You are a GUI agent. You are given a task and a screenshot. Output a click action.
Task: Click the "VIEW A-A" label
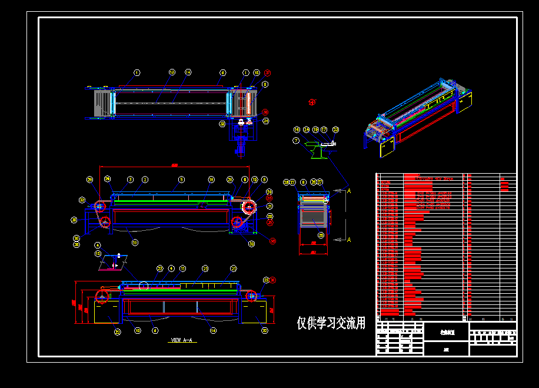tap(182, 340)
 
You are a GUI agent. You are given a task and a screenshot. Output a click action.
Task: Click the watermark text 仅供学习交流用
tap(331, 323)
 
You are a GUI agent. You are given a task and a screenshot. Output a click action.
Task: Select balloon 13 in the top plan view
tap(172, 72)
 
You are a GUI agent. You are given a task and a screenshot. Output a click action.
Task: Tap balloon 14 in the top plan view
tap(188, 72)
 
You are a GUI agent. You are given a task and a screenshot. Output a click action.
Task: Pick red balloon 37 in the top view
tap(267, 74)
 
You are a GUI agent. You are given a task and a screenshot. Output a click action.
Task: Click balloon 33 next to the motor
tap(222, 124)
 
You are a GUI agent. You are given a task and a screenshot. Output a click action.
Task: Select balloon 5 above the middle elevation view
tap(182, 179)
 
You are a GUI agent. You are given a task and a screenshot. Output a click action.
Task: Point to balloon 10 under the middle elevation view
tap(135, 242)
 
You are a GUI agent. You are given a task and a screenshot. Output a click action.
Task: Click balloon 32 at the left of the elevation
tap(82, 200)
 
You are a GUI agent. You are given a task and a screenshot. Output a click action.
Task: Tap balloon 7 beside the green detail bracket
tap(296, 141)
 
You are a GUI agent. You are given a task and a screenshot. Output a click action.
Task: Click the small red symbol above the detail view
tap(312, 102)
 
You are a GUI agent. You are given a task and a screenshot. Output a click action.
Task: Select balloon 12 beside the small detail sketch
tap(98, 253)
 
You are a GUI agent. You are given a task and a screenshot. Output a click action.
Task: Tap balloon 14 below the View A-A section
tap(213, 331)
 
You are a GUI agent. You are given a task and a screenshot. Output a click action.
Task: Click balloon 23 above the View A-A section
tap(159, 268)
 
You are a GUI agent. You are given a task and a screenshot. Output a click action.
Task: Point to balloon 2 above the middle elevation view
tap(145, 179)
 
